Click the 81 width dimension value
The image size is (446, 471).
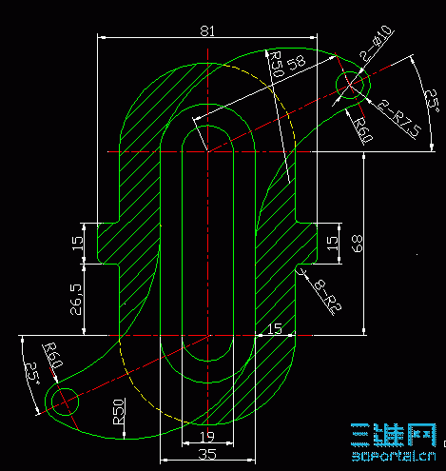point(207,30)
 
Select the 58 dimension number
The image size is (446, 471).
point(296,64)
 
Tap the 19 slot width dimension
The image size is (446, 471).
point(206,436)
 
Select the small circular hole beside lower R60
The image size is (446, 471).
point(65,401)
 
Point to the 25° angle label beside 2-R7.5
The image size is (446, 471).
point(429,99)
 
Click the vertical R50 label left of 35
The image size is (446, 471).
point(119,411)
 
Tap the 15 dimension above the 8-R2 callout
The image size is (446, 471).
point(332,243)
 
